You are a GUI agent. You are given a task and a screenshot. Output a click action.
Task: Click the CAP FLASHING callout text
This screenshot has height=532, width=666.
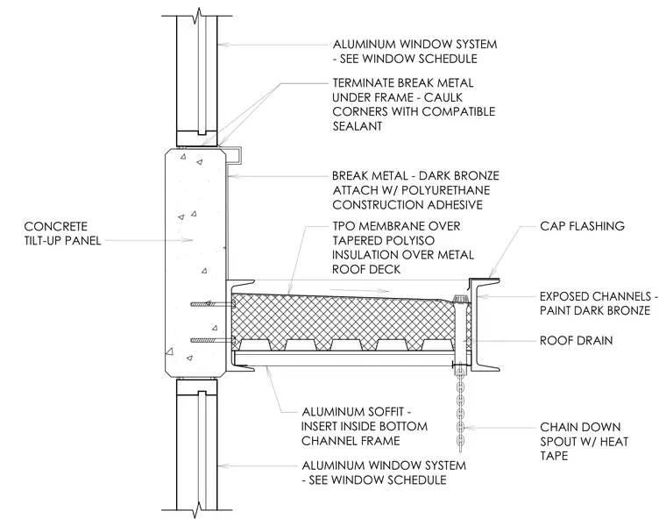(582, 225)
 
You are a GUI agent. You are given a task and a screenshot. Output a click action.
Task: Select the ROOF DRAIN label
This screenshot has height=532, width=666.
(576, 340)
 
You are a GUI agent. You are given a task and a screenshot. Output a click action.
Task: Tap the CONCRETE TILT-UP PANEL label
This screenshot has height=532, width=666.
(62, 233)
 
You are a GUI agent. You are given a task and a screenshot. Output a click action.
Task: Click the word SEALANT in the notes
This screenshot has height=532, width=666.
(358, 126)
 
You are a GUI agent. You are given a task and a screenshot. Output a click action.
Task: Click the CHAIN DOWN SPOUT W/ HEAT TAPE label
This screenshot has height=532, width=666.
(584, 441)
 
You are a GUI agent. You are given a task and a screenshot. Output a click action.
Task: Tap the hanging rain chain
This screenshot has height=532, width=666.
(460, 407)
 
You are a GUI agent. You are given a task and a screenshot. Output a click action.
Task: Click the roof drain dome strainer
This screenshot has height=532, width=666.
(460, 298)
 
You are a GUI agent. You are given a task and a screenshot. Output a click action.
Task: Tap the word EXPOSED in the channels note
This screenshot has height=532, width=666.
(566, 296)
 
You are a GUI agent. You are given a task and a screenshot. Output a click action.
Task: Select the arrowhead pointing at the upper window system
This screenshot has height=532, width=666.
(223, 44)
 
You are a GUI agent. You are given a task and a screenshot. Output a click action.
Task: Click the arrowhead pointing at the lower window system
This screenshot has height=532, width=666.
(223, 465)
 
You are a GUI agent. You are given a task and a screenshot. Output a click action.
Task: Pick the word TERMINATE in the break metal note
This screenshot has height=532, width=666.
(362, 83)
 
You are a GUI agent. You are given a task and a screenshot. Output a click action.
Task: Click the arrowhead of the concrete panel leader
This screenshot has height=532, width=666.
(188, 240)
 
